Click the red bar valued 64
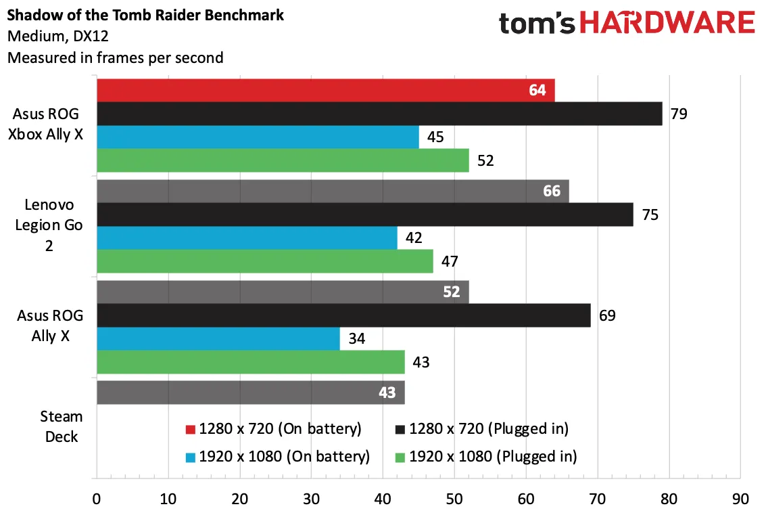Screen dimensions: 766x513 coord(326,91)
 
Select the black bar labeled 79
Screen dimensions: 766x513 coord(379,114)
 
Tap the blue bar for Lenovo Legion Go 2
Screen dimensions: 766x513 coord(247,238)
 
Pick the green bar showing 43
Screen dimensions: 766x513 coord(251,362)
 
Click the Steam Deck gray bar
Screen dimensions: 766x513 coord(251,393)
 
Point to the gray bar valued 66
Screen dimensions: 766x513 coord(333,192)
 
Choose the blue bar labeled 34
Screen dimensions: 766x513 coord(218,339)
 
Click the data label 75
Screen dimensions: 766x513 coord(650,215)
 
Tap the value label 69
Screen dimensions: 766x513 coord(607,315)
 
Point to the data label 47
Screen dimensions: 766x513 coord(450,262)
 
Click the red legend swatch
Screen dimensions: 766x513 coord(191,429)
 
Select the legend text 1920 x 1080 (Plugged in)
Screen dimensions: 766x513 coord(493,457)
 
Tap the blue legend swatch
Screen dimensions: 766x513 coord(191,458)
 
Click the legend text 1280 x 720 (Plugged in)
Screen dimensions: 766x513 coord(489,429)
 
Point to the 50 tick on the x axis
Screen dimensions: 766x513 coord(454,499)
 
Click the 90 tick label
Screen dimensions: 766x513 coord(740,499)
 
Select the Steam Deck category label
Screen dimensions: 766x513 coord(62,426)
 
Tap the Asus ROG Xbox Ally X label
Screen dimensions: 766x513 coord(46,125)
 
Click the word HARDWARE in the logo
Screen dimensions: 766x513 coord(667,23)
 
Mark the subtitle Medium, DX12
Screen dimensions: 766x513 coord(57,36)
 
